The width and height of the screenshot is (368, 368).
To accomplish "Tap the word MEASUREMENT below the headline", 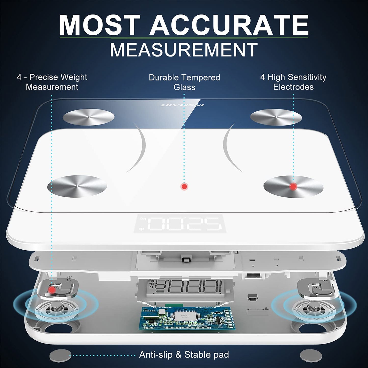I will tap(184, 50).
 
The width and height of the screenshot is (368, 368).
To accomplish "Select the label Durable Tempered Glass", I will tap(184, 82).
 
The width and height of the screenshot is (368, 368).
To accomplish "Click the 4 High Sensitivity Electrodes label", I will tap(293, 82).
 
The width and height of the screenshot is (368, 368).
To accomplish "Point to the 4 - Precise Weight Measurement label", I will tap(52, 82).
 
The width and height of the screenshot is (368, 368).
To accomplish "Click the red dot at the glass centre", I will tap(184, 186).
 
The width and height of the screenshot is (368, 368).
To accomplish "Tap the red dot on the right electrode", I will tap(293, 186).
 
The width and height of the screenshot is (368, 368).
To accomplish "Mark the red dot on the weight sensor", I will tap(52, 290).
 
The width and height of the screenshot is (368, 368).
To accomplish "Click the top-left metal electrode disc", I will tap(88, 116).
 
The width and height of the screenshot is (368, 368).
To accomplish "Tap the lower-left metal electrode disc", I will tap(77, 186).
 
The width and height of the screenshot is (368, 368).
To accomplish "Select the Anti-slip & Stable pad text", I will tap(184, 355).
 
